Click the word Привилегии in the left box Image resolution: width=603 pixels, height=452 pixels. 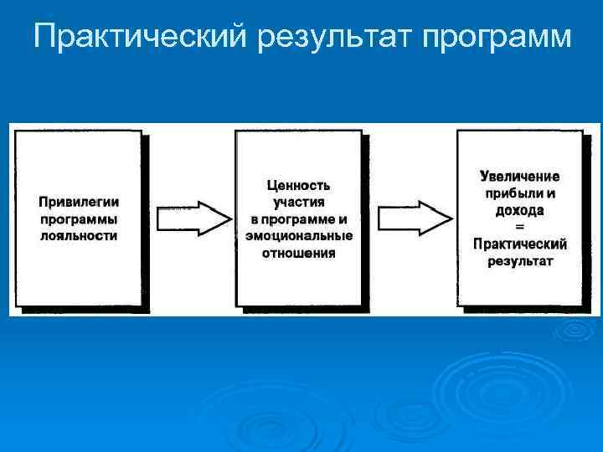pos(79,202)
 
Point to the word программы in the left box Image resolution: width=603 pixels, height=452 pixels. pos(79,218)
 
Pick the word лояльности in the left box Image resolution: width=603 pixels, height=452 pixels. pos(79,235)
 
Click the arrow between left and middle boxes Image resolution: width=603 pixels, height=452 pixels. pos(192,218)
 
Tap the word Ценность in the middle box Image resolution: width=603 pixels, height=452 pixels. pos(298,185)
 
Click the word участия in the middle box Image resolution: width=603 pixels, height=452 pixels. pos(298,202)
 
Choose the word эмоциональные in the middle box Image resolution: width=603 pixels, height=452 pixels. pos(298,236)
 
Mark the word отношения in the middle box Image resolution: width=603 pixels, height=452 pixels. pos(298,253)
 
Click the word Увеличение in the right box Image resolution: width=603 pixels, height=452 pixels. pos(520,177)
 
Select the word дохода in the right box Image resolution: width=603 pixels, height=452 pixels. pos(519,210)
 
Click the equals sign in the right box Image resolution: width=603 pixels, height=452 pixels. pos(519,227)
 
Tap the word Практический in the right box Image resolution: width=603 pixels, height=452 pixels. pos(519,244)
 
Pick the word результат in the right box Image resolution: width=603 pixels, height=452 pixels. pos(519,260)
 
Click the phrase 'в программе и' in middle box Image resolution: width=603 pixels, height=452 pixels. pos(298,219)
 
